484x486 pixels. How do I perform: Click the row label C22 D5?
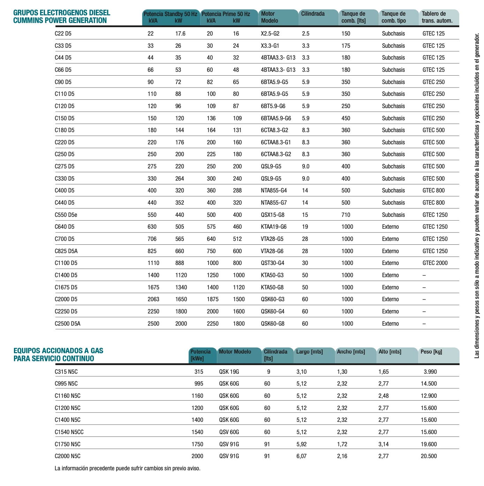[x=63, y=34]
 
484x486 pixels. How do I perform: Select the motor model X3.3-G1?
[x=270, y=46]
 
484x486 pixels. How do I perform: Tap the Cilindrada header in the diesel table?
[x=313, y=14]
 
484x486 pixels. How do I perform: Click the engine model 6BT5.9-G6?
[x=273, y=106]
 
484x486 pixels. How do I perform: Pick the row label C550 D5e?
[x=66, y=215]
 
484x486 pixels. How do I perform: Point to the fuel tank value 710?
[x=346, y=215]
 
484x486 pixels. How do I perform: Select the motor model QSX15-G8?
[x=273, y=215]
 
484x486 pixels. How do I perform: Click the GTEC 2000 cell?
[x=435, y=263]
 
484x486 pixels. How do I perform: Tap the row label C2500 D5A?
[x=67, y=324]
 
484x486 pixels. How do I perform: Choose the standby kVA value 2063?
[x=153, y=299]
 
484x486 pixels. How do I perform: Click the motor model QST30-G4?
[x=273, y=263]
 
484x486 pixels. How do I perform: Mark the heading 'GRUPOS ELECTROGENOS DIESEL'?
[x=62, y=13]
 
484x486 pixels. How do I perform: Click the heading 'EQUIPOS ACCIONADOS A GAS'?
[x=58, y=351]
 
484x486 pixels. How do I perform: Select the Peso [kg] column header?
[x=431, y=352]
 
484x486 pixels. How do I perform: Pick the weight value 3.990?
[x=430, y=372]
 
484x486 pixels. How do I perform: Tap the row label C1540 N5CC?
[x=69, y=432]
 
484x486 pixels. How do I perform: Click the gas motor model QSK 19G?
[x=229, y=372]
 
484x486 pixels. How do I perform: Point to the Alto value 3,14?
[x=384, y=444]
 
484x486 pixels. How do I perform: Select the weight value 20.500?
[x=429, y=456]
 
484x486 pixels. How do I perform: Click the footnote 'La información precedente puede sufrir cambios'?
[x=127, y=468]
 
